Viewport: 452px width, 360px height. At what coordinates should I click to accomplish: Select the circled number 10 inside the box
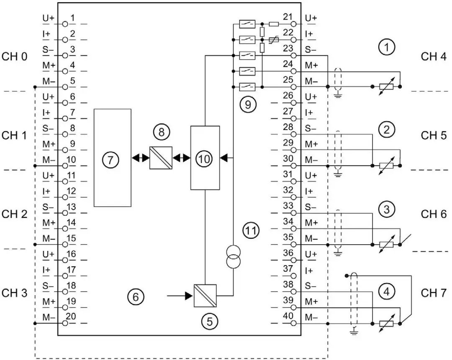point(205,158)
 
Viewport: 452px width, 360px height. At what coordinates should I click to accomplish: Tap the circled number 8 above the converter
point(161,133)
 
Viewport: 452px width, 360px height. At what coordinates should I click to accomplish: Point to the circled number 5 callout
point(210,321)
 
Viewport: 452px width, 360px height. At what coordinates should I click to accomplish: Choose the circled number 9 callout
point(248,104)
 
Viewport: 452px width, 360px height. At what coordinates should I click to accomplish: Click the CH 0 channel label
point(15,56)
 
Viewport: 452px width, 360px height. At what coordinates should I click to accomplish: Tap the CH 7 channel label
point(434,292)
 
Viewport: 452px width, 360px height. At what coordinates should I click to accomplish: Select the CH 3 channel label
point(15,293)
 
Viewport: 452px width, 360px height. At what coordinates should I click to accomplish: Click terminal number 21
point(287,17)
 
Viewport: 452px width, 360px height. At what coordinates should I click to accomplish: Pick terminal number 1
point(72,18)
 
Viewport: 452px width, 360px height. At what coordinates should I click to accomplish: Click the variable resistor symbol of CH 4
point(386,87)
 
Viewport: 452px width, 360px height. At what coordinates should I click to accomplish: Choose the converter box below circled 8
point(161,158)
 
